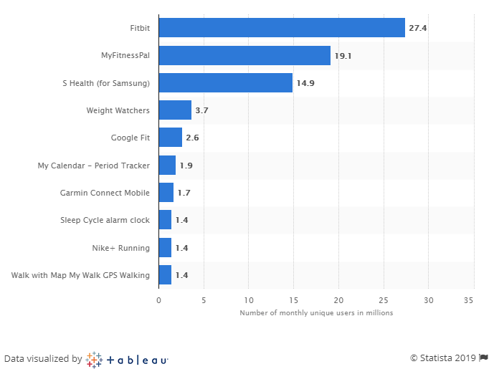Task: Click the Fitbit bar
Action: [x=281, y=28]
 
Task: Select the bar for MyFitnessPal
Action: [x=244, y=55]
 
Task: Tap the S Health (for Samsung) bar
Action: [x=225, y=83]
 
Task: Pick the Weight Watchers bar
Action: [x=175, y=110]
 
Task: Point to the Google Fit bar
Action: [x=170, y=138]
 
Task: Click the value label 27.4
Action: [x=418, y=28]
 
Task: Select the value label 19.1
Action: [x=343, y=55]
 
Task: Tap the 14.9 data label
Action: [x=305, y=83]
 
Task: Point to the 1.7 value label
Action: [x=184, y=193]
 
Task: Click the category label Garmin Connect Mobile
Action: [x=105, y=193]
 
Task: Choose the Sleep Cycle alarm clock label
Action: [x=105, y=220]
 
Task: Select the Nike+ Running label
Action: [x=120, y=248]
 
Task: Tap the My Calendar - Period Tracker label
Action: [x=93, y=166]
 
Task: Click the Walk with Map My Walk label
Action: [x=80, y=275]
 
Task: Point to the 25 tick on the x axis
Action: [x=384, y=300]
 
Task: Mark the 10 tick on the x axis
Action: [x=249, y=300]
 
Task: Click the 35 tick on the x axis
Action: [x=470, y=300]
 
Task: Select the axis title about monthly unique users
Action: [x=316, y=312]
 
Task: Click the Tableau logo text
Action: [x=136, y=359]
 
